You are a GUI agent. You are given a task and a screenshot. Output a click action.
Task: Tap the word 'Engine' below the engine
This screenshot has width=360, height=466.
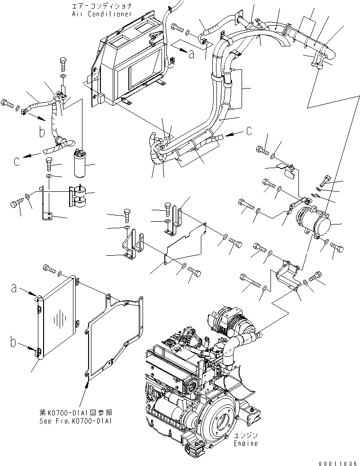click(246, 443)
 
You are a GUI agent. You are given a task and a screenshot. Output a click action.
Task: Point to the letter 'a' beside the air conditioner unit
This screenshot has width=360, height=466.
click(191, 54)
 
